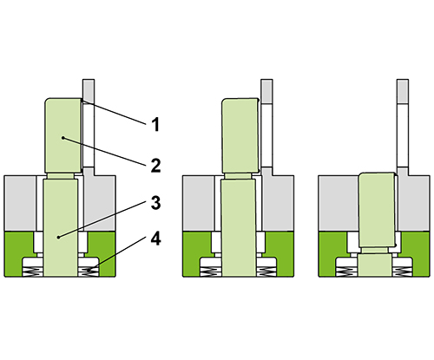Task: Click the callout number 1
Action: point(156,125)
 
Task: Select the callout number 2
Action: point(156,166)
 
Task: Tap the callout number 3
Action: point(156,203)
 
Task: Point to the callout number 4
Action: point(156,239)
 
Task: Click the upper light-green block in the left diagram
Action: point(63,135)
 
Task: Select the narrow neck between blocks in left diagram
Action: point(61,176)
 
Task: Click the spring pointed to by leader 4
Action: point(89,272)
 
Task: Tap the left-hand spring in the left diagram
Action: point(33,272)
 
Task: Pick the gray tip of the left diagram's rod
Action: point(89,88)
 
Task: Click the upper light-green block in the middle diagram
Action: point(240,135)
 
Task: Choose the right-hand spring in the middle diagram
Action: point(266,272)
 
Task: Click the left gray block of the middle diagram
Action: point(199,203)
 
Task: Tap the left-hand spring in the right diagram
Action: point(346,272)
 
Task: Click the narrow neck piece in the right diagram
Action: point(375,251)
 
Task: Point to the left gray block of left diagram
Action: point(20,203)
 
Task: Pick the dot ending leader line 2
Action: point(62,138)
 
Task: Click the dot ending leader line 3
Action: point(58,237)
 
